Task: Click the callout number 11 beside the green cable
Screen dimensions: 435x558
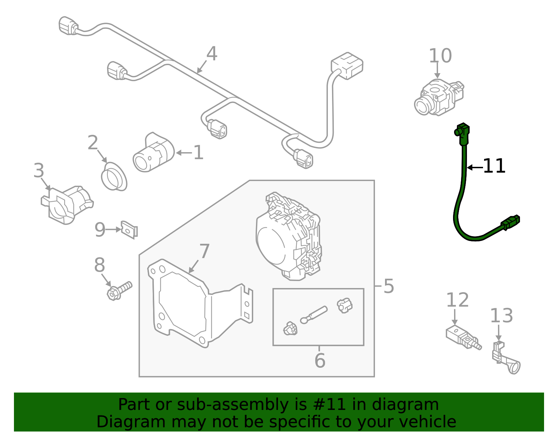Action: pyautogui.click(x=494, y=166)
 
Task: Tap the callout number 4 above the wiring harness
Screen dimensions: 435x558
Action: pyautogui.click(x=212, y=54)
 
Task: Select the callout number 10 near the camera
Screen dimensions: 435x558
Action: pyautogui.click(x=440, y=56)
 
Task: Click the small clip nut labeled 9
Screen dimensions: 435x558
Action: pyautogui.click(x=129, y=230)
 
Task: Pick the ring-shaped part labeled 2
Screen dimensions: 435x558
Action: pyautogui.click(x=114, y=177)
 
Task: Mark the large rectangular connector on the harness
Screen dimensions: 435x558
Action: pyautogui.click(x=347, y=65)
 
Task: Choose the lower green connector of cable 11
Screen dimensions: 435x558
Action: pyautogui.click(x=511, y=222)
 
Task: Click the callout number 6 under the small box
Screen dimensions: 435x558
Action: pyautogui.click(x=319, y=360)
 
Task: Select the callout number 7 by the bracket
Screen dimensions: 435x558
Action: pyautogui.click(x=204, y=251)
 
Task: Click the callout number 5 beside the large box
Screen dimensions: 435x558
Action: pyautogui.click(x=389, y=286)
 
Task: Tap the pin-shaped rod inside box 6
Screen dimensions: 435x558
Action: pyautogui.click(x=314, y=314)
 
